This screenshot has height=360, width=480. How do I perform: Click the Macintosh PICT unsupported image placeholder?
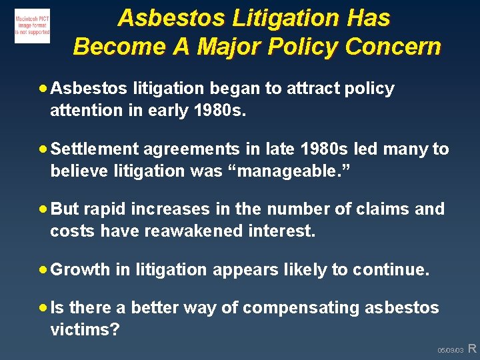point(32,26)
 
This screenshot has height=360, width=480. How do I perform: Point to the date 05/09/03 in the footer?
point(450,350)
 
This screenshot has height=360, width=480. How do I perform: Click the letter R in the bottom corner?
point(473,348)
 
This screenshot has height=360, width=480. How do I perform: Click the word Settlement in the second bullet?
point(95,149)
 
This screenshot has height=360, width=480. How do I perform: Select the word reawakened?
point(197,231)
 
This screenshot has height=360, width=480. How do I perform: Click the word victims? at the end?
point(85,330)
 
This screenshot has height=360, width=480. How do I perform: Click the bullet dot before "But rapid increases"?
point(43,209)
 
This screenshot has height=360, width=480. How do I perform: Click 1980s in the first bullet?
point(218,111)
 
